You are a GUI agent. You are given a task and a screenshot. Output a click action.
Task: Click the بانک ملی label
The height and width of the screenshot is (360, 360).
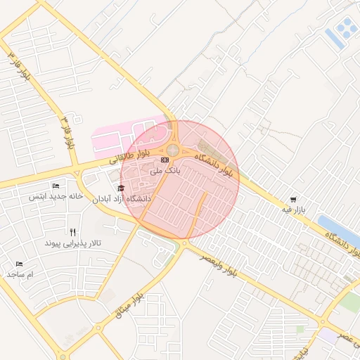tap(167, 170)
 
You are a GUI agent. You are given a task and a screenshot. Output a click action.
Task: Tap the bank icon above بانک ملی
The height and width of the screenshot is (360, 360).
tap(165, 160)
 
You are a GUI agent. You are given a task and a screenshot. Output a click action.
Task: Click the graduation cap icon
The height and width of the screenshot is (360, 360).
tap(121, 188)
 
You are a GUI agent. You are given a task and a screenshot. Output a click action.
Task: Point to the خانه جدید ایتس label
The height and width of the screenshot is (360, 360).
tap(56, 196)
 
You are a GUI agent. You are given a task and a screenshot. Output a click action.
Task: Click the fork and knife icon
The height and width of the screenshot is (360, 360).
tap(72, 232)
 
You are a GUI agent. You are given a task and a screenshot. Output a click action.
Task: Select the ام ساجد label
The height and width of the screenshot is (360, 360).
tap(21, 274)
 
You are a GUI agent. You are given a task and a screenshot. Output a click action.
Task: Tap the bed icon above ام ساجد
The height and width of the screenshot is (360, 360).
tap(19, 263)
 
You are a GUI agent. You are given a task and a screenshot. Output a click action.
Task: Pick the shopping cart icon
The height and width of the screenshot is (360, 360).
tap(292, 199)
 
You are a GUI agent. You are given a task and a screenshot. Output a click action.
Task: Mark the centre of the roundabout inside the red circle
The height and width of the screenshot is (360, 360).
tap(172, 149)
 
